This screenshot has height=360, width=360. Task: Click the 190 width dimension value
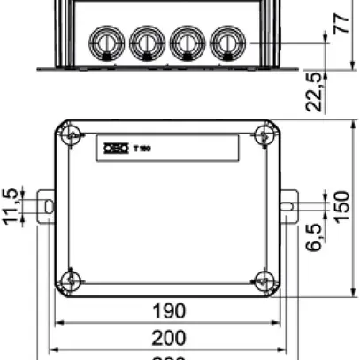168,310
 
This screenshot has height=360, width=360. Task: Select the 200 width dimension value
168,337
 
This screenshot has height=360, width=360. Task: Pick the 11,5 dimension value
11,206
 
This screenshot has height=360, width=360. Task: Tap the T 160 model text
142,148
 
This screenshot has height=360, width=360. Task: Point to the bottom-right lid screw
262,280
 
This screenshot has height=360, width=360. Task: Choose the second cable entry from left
146,41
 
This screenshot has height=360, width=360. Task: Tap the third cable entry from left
186,41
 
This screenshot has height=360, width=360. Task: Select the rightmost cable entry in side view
226,41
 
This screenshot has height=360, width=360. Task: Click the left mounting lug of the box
47,206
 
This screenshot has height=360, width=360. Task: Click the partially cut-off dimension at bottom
168,356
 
